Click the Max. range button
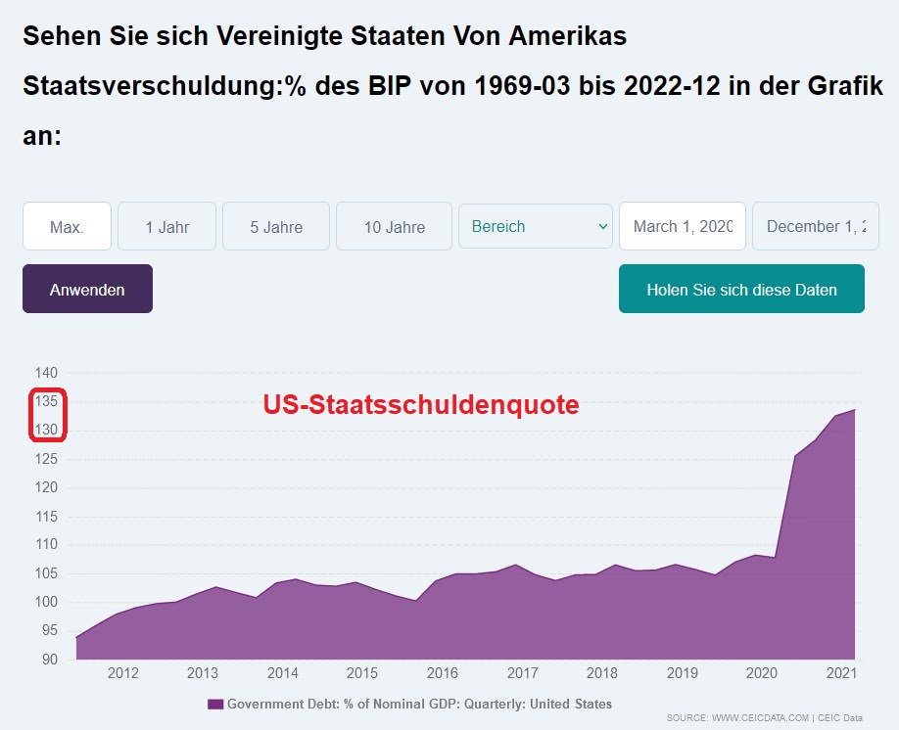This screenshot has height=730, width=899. click(x=67, y=227)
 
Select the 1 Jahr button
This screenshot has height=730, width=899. click(x=166, y=227)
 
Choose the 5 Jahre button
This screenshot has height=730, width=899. click(x=276, y=227)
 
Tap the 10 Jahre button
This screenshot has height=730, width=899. click(x=394, y=227)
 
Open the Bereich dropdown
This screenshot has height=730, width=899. click(x=536, y=227)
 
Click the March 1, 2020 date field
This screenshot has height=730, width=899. click(x=683, y=227)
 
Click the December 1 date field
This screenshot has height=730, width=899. click(x=815, y=227)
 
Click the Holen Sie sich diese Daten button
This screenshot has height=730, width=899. click(x=741, y=290)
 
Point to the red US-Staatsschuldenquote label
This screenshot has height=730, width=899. click(x=420, y=404)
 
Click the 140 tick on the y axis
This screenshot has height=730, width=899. click(x=48, y=373)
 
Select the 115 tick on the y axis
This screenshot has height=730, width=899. click(x=48, y=516)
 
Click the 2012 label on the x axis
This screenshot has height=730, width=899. click(x=122, y=673)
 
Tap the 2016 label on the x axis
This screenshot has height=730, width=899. click(x=442, y=673)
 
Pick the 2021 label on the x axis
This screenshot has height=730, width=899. click(x=842, y=673)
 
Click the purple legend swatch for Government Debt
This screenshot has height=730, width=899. click(x=215, y=704)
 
